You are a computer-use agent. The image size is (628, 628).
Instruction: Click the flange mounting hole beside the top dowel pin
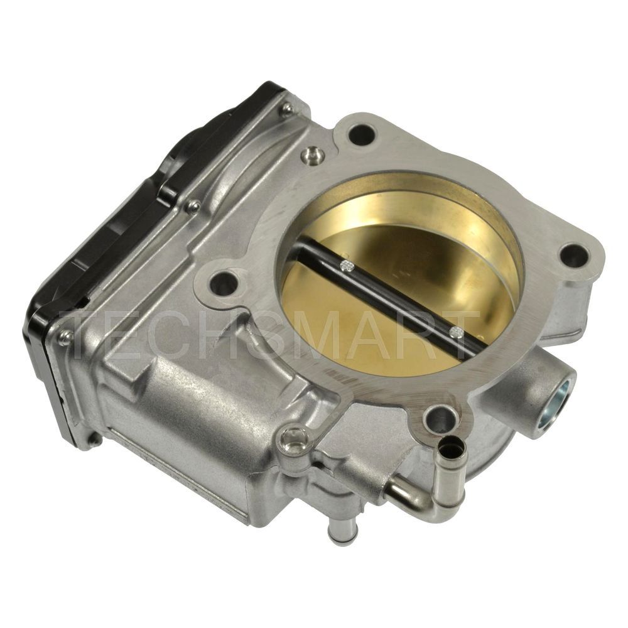(x=362, y=134)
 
